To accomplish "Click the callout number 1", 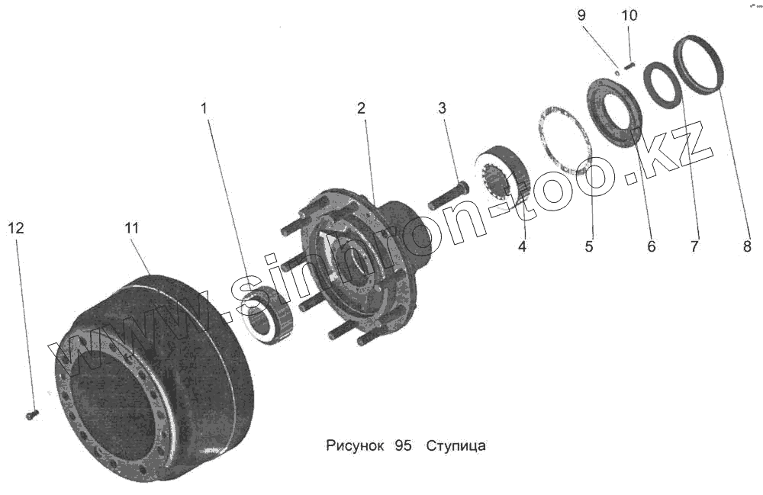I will pos(204,109).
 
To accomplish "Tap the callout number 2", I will pos(361,109).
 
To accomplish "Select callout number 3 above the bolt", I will pos(442,108).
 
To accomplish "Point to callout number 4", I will pos(522,246).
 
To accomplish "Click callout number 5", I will pos(589,246).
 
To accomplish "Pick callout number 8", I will pos(747,246).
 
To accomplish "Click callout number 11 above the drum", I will pos(131,227).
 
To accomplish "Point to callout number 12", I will pos(17,227).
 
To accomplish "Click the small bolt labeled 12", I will pos(31,414).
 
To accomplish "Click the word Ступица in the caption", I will pos(456,446).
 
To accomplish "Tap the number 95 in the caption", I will pos(404,446).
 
